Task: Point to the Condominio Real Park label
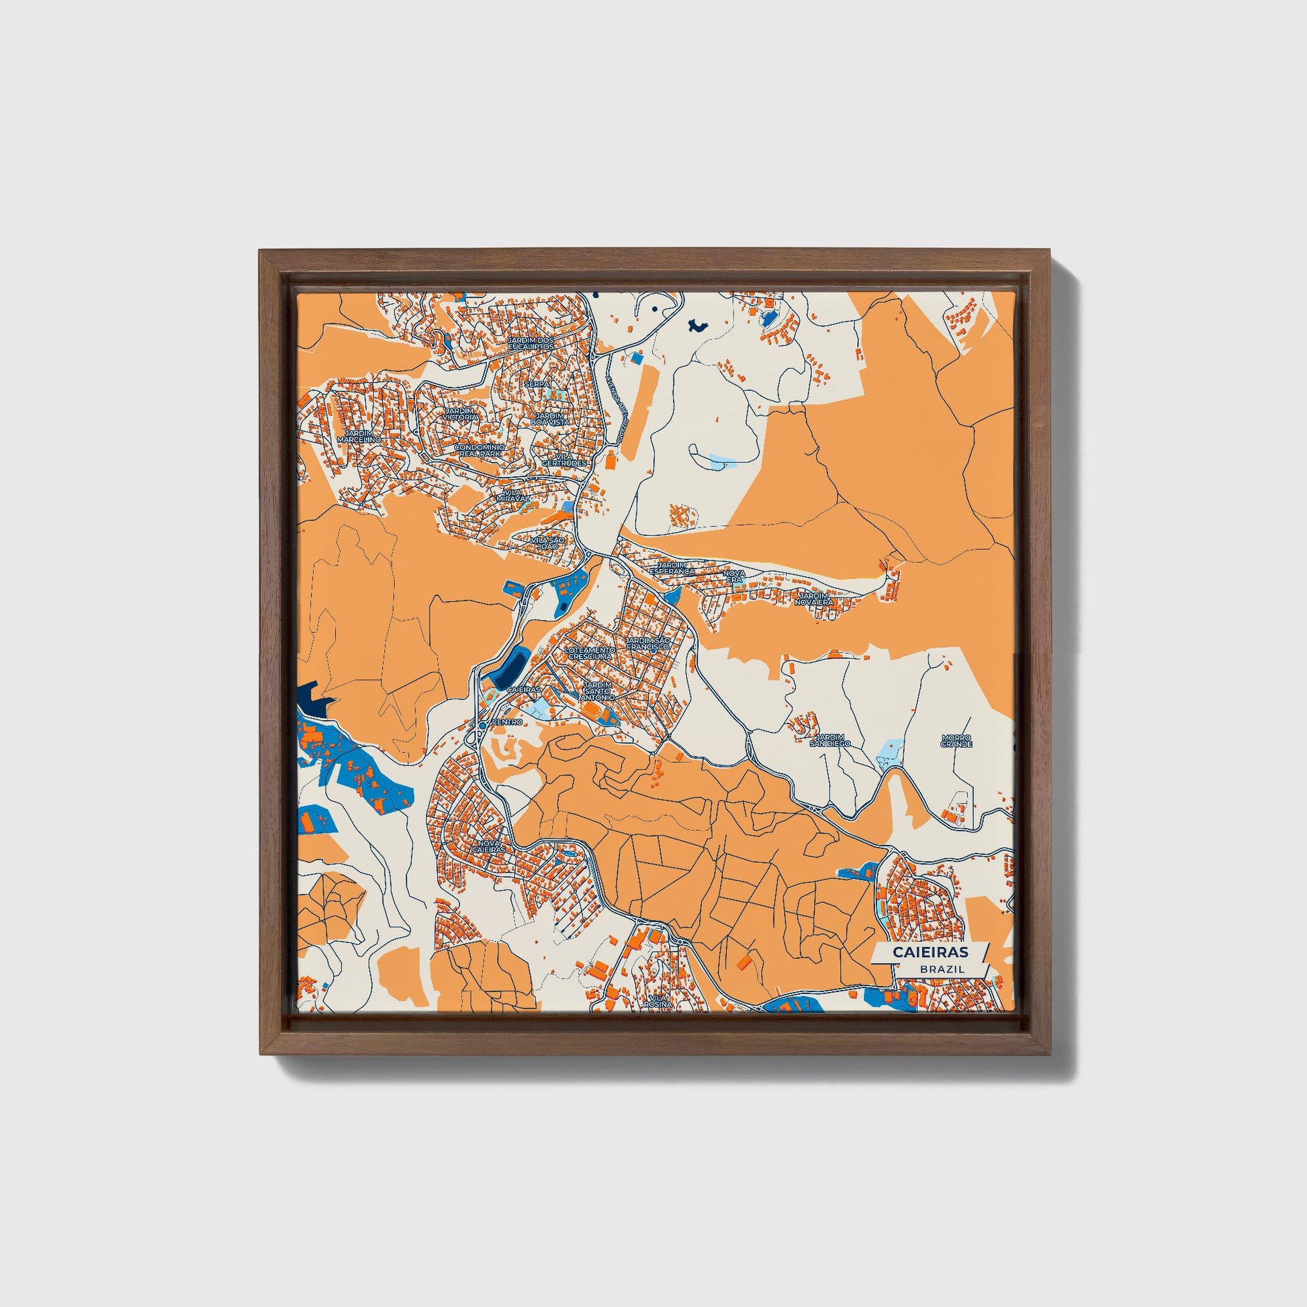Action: (x=479, y=451)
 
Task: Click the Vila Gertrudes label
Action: (x=565, y=460)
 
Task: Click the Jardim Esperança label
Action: (x=672, y=568)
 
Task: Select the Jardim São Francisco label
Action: (x=647, y=643)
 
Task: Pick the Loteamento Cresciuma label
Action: (x=590, y=652)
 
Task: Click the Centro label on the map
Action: (x=507, y=723)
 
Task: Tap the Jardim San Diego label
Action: (x=830, y=740)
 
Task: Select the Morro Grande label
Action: (x=956, y=741)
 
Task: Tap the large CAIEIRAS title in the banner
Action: (x=930, y=952)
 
